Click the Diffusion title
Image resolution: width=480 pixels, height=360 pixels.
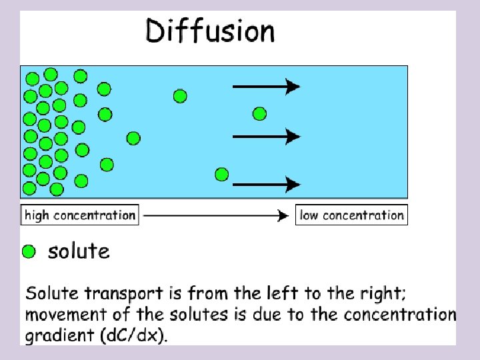210,32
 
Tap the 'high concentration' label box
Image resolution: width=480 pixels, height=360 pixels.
80,215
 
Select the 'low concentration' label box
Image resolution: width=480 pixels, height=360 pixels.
351,215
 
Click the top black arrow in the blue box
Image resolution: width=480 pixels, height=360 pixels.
266,86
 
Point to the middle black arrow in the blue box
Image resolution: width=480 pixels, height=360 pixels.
266,136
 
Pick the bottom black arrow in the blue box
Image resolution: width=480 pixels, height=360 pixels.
266,183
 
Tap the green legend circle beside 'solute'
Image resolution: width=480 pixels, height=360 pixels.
29,252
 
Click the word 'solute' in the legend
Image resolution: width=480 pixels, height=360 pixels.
79,251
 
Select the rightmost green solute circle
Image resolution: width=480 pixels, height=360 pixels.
259,114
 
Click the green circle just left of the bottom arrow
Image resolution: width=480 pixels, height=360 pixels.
222,175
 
